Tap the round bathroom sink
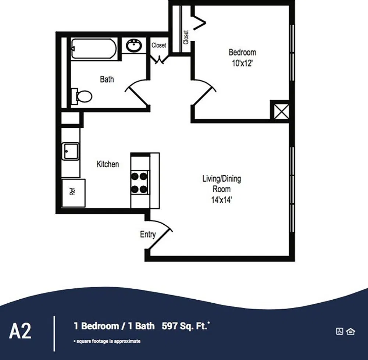point(134,45)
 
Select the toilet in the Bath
point(82,96)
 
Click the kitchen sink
point(71,152)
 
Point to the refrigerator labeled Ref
point(74,193)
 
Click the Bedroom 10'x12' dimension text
point(242,63)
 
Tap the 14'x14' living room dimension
point(222,200)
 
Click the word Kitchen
point(108,164)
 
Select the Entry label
point(148,234)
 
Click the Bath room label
point(107,79)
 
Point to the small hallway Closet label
point(159,45)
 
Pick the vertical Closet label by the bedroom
point(186,37)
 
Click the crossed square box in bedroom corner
point(281,111)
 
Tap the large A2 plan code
point(20,331)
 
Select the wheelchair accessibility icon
point(340,331)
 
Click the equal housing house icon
point(351,331)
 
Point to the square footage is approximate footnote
point(107,341)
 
